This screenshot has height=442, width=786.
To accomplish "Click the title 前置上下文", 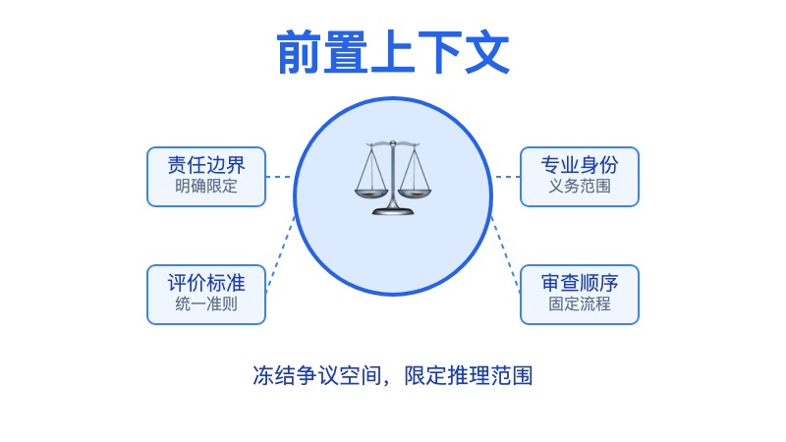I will (393, 53).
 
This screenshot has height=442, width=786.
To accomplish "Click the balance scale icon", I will (393, 178).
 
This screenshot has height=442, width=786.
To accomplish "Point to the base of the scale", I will (393, 208).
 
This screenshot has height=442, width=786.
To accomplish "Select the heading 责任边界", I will (206, 165).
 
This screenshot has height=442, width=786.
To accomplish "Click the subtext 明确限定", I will (206, 186).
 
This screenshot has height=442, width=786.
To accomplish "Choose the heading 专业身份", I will (580, 165).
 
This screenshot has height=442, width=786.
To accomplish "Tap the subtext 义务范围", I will (580, 186).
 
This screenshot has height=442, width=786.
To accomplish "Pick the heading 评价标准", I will (206, 283).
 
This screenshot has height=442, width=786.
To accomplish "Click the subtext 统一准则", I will (206, 304).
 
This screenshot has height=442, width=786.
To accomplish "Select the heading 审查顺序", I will (580, 283).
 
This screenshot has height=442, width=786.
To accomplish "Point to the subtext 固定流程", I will (580, 304).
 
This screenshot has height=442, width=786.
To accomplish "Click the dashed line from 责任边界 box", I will (279, 177).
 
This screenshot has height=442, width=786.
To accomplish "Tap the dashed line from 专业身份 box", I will (506, 177).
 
